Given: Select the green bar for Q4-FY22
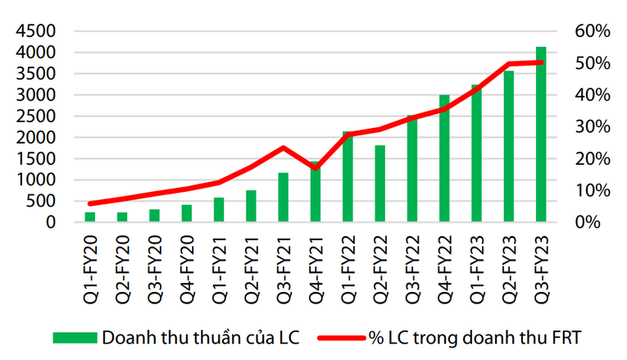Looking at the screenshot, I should pos(444,158).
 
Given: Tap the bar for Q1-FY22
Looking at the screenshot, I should pos(348,176).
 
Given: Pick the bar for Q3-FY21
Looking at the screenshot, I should pos(283,197).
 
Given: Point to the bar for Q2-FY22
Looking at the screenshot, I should pos(379,184).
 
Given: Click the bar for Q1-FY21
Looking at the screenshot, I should pos(219,210).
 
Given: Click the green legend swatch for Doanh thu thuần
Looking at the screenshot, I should pos(75,337).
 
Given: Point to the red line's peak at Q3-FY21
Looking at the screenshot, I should pos(283,148).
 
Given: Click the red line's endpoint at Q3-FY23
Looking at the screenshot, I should pos(541,62).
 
